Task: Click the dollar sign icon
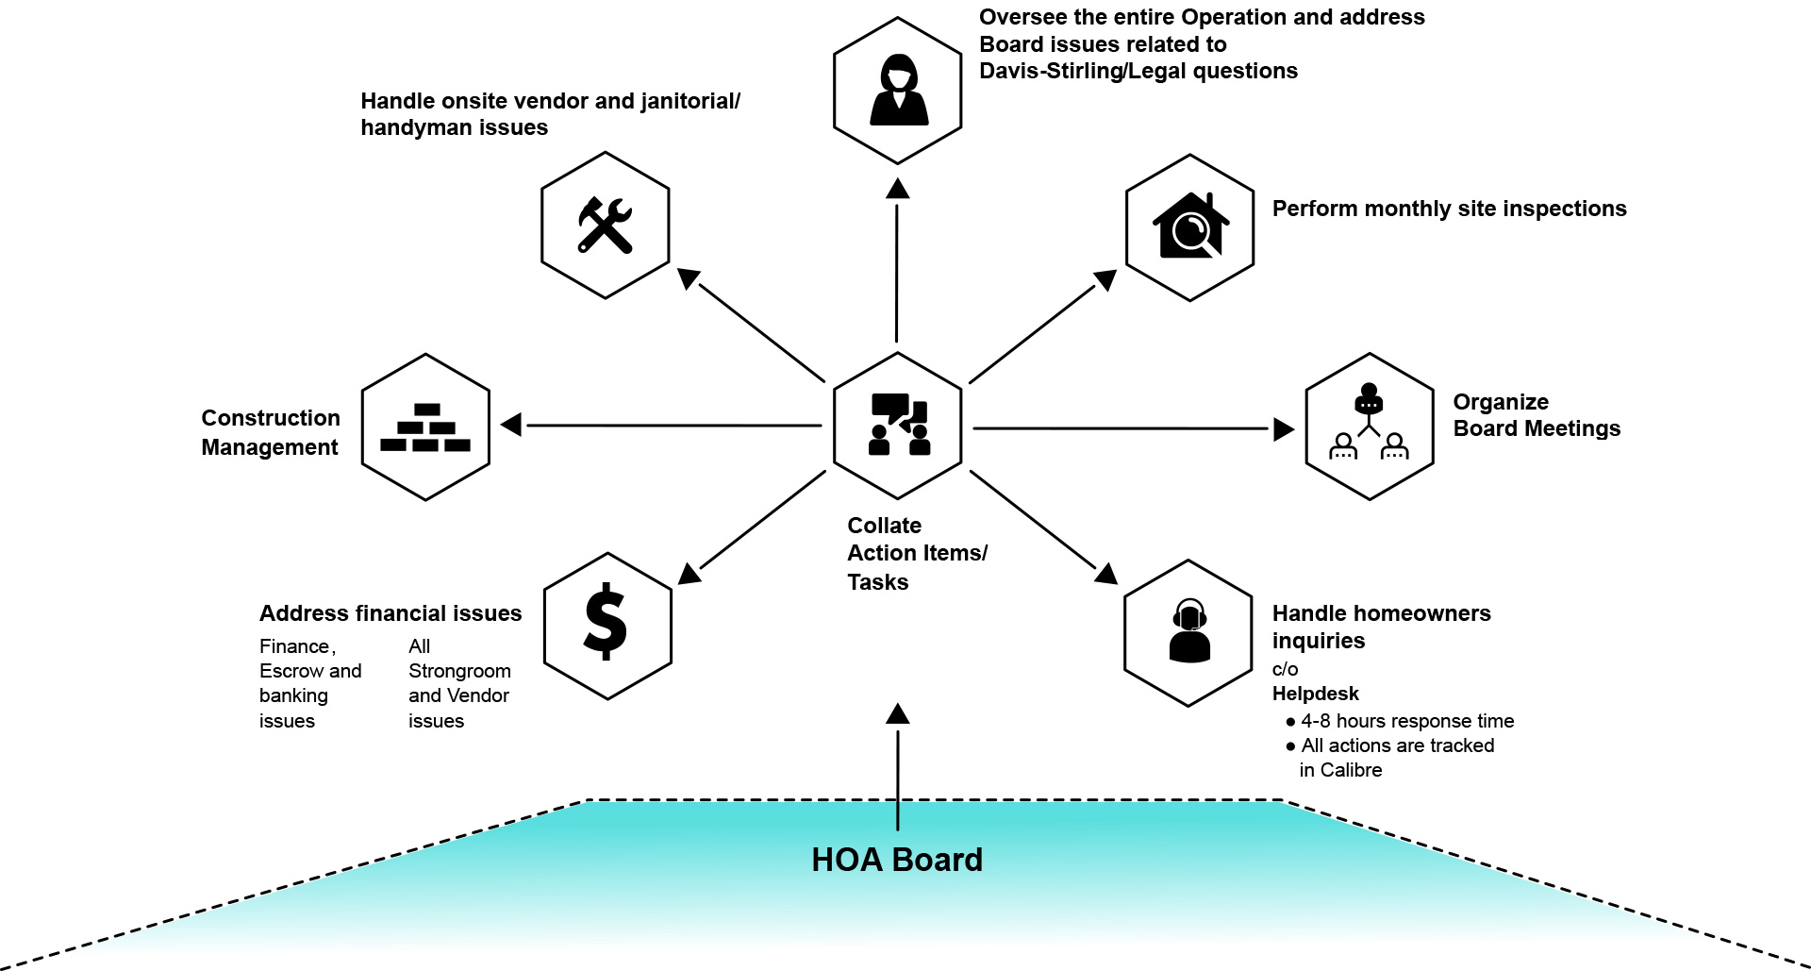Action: [x=606, y=622]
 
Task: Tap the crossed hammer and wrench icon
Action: [x=605, y=225]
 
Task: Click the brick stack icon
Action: [x=425, y=427]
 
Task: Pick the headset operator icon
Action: [x=1189, y=631]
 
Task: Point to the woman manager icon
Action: [x=898, y=91]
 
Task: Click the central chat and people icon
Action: [x=899, y=425]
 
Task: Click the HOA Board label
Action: [x=897, y=860]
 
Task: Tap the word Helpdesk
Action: [x=1315, y=694]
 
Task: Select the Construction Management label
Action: [x=270, y=432]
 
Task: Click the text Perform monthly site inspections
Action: [x=1449, y=209]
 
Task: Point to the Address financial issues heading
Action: [x=390, y=613]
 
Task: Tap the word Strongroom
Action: [x=459, y=671]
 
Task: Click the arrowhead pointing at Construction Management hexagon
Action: [x=510, y=425]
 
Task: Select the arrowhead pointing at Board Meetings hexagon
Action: [x=1284, y=429]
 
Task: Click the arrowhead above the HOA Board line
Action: [x=898, y=713]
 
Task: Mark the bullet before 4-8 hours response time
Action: [x=1290, y=722]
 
